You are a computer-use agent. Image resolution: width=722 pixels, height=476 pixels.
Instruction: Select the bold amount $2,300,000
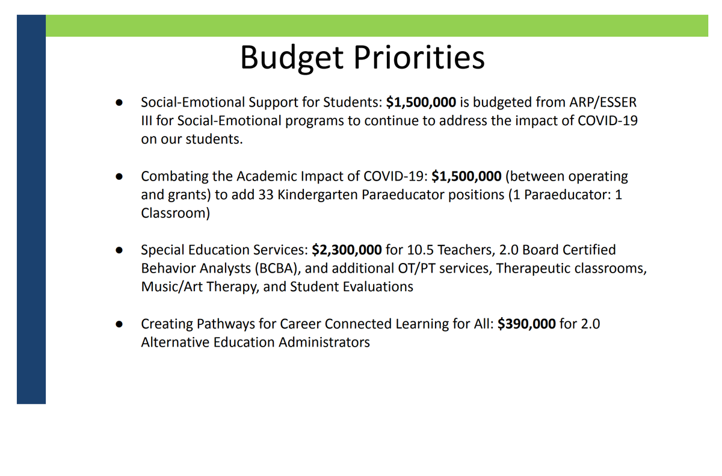(x=347, y=250)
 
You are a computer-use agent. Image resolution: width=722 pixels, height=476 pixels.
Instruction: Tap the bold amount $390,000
(x=526, y=324)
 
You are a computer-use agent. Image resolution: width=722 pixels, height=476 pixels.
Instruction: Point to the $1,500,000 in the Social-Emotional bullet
(x=421, y=102)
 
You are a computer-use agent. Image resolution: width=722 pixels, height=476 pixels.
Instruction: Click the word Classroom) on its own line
(x=175, y=214)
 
